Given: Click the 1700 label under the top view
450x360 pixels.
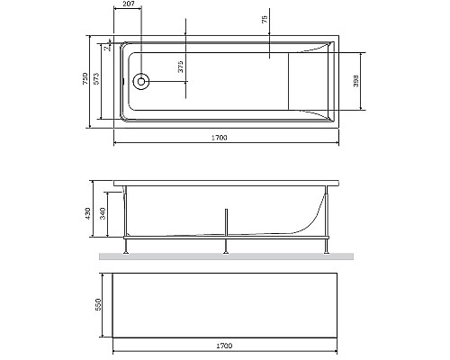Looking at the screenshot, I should [219, 137].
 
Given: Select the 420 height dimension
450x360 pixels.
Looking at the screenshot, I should [89, 212].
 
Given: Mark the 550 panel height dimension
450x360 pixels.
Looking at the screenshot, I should [98, 305].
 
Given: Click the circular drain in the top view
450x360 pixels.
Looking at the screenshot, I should [140, 82].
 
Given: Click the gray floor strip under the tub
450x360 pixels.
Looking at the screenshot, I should [225, 256].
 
